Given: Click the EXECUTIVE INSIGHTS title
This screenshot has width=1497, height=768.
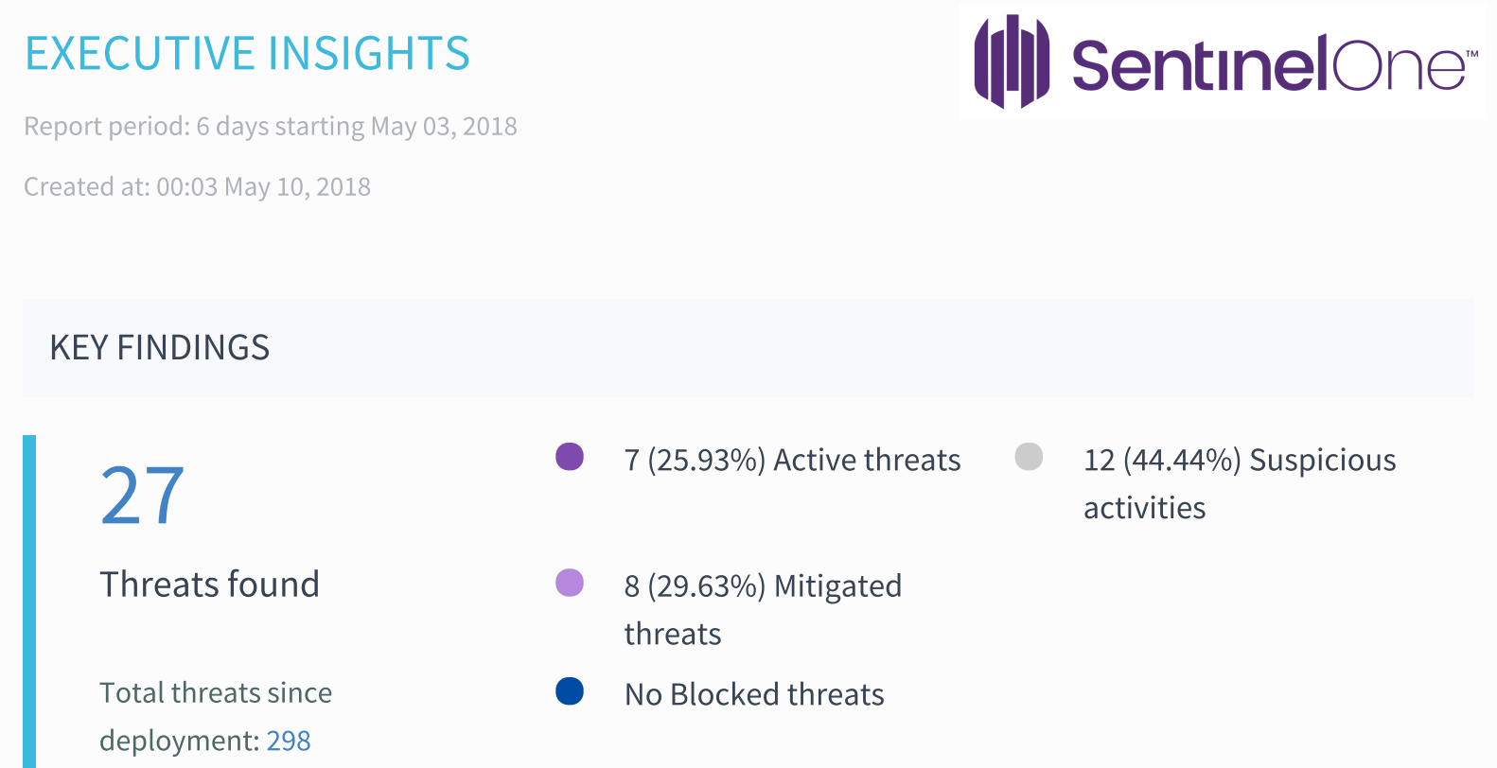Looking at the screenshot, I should (x=247, y=54).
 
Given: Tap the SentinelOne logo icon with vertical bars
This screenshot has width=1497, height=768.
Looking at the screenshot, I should (x=1012, y=61).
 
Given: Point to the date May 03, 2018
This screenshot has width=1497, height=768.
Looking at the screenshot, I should (x=444, y=127).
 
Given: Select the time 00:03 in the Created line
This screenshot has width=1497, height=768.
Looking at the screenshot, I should (x=186, y=187).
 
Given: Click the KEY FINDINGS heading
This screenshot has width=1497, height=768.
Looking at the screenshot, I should (x=160, y=348).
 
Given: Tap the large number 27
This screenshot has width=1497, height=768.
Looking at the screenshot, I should (x=142, y=496).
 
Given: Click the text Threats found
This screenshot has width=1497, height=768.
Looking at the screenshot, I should (x=209, y=585).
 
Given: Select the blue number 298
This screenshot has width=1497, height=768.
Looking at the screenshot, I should (x=289, y=741).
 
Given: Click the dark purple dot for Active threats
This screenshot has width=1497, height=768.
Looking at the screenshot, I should (x=570, y=457).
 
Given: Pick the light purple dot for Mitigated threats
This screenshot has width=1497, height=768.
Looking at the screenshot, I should (x=570, y=583).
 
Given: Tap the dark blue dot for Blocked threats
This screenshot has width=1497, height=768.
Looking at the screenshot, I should (x=570, y=691).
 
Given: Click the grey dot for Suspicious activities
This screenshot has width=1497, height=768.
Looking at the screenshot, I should (x=1029, y=457).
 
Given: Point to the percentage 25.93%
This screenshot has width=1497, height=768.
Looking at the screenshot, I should (x=706, y=461).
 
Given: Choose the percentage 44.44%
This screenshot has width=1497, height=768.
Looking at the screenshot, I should (x=1181, y=461).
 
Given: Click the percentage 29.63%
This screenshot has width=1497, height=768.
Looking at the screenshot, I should (x=706, y=586).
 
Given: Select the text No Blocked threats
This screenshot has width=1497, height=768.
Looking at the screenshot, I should (x=754, y=695).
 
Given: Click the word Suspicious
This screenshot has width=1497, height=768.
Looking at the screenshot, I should (x=1322, y=461).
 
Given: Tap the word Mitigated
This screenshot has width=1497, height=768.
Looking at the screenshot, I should (x=837, y=586).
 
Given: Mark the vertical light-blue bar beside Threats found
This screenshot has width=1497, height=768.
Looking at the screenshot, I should (x=29, y=602).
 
